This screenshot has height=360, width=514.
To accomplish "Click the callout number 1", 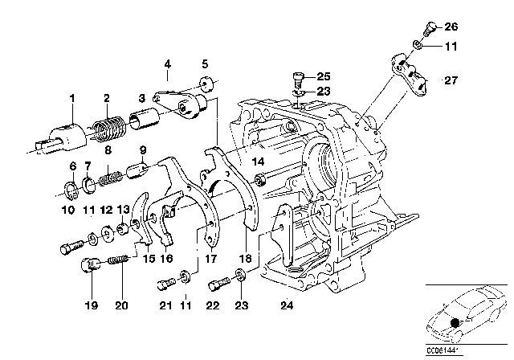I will pos(71,98).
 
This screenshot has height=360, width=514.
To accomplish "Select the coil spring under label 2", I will pos(106,127).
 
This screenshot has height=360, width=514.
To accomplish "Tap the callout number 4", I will pos(168,63).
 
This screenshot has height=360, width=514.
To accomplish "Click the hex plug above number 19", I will pos(90,264).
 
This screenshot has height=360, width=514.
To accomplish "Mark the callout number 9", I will pos(142,149).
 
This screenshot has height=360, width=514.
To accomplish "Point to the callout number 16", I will pos(168,259).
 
